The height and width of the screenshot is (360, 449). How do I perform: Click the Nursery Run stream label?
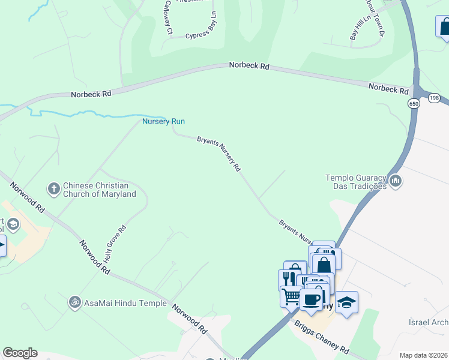[163, 121]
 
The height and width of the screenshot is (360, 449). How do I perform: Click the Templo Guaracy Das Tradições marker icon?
[395, 181]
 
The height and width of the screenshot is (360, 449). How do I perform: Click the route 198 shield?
[435, 97]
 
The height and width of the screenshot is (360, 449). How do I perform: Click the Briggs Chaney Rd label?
[321, 337]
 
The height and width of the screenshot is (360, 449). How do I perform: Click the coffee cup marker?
[311, 300]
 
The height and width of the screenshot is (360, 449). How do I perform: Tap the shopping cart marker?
[291, 296]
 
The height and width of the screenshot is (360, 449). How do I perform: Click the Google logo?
[20, 353]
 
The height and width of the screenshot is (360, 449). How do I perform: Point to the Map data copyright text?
[423, 355]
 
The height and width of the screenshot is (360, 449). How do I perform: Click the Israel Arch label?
[428, 323]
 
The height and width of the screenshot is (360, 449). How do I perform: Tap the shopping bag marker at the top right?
[444, 28]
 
